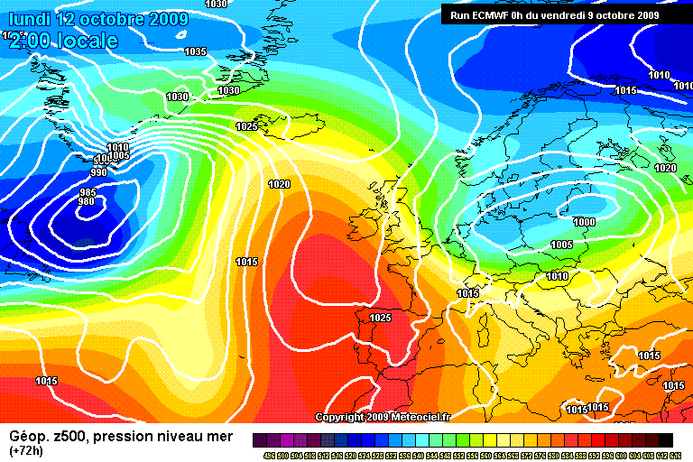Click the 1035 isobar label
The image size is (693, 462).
[195, 51]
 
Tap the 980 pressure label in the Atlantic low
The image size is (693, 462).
[87, 201]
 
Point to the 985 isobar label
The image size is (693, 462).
[88, 192]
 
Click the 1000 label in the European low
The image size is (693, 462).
[584, 221]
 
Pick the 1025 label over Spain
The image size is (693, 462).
[380, 318]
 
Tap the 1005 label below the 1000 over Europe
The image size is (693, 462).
[561, 245]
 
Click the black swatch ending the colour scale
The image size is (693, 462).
[665, 439]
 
